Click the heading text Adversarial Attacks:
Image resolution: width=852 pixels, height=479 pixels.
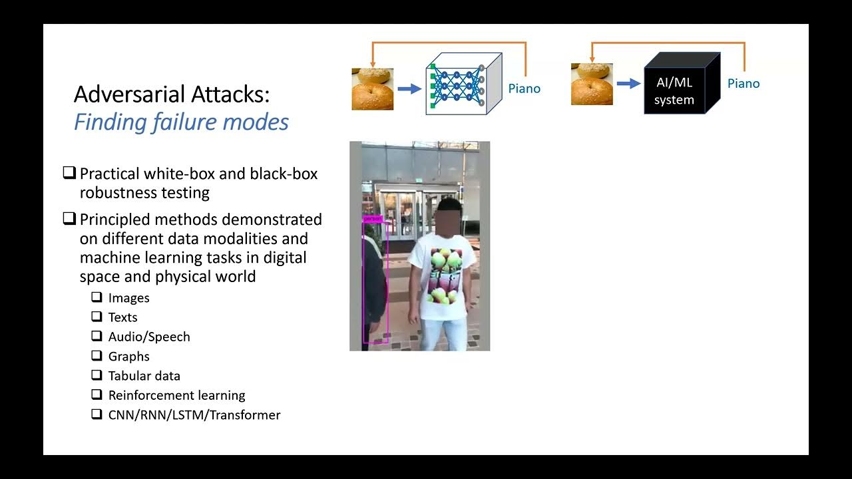(172, 94)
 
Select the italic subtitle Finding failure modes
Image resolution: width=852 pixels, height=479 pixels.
(181, 122)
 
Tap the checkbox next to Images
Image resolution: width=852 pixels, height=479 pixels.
(97, 297)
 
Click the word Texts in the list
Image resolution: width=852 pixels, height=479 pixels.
(123, 317)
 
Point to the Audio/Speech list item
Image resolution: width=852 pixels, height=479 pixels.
(149, 337)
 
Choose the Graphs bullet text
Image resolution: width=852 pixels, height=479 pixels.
(129, 357)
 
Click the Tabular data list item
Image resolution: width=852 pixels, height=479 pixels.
(144, 376)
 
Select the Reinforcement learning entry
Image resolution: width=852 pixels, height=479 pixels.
(177, 395)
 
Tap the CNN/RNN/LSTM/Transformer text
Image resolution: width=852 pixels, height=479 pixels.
(194, 415)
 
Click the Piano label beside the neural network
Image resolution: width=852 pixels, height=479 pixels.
(525, 88)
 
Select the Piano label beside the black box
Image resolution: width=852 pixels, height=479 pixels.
(744, 83)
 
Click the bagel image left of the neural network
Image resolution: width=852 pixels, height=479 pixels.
(372, 89)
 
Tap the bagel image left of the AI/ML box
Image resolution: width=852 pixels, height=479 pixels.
(592, 84)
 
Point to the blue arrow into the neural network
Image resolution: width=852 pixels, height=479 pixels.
(409, 88)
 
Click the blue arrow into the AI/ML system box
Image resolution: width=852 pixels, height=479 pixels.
(628, 84)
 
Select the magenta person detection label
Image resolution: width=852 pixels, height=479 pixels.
(372, 218)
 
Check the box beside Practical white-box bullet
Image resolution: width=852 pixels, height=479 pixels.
(69, 173)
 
